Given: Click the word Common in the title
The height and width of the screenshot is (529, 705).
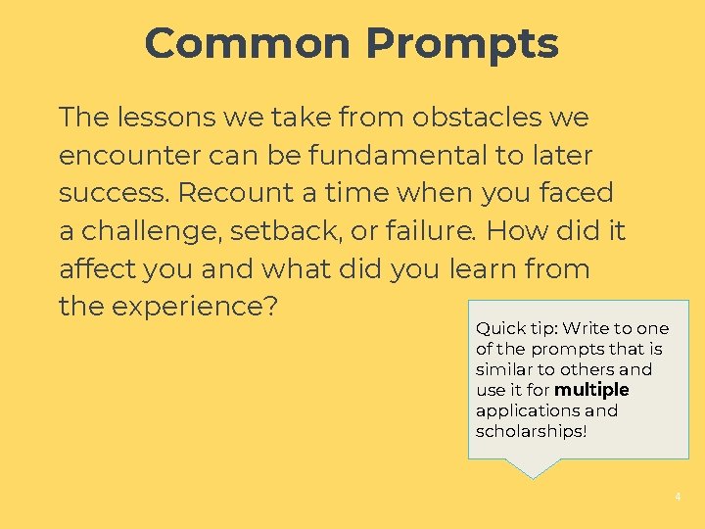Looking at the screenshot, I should pyautogui.click(x=248, y=44).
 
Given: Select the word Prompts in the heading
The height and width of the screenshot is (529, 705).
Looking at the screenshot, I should pyautogui.click(x=462, y=44).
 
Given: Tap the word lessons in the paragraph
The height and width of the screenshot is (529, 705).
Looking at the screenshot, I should pyautogui.click(x=167, y=118).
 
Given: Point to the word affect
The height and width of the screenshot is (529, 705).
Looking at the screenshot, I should pyautogui.click(x=97, y=268).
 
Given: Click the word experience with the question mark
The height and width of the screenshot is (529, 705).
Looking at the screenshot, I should pyautogui.click(x=196, y=307).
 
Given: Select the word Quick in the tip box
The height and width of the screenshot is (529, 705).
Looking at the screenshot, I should pyautogui.click(x=498, y=329).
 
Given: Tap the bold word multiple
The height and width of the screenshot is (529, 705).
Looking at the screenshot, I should pyautogui.click(x=591, y=391).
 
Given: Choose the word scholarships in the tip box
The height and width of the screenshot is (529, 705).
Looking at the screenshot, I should pyautogui.click(x=531, y=432).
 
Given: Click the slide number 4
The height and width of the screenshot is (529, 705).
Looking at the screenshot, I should pyautogui.click(x=677, y=498).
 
